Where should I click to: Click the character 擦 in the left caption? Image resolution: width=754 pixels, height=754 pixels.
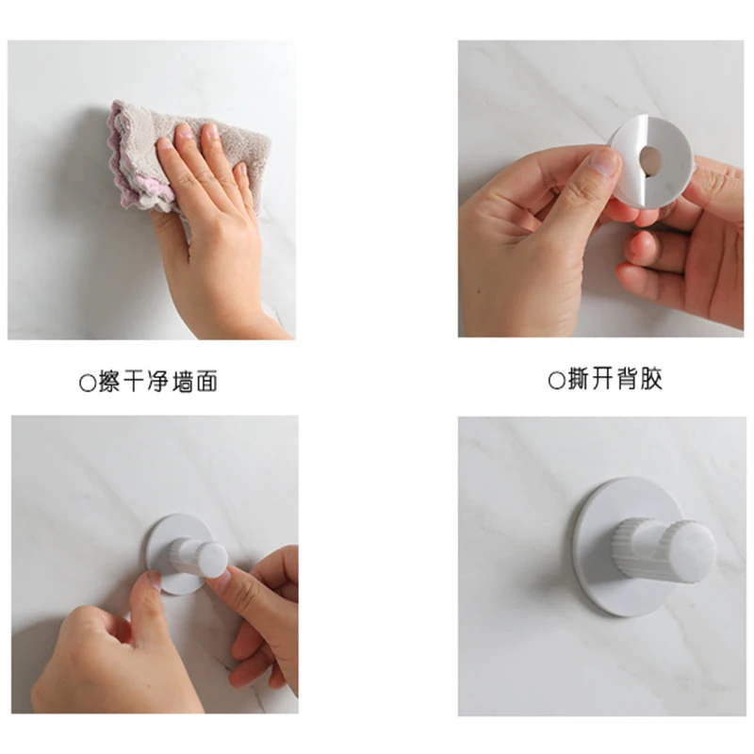tap(111, 382)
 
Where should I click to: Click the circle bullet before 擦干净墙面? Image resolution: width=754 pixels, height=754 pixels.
tap(88, 383)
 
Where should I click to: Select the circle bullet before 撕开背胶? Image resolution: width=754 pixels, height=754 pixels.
tap(556, 380)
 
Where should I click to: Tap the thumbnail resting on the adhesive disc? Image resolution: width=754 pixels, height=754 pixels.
tap(603, 161)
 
